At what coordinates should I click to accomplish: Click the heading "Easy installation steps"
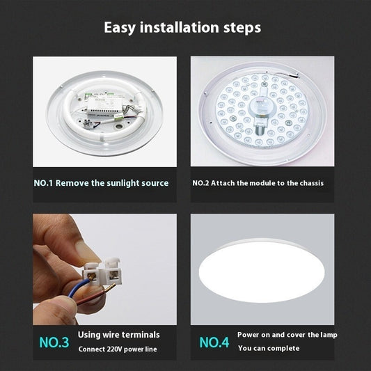[x=182, y=28]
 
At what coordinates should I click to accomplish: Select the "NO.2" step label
[x=201, y=183]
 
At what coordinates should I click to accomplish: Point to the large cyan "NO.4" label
[x=214, y=342]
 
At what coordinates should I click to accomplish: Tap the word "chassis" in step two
[x=309, y=183]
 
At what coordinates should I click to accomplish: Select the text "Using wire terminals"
[x=118, y=335]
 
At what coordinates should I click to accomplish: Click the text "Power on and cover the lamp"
[x=287, y=335]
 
